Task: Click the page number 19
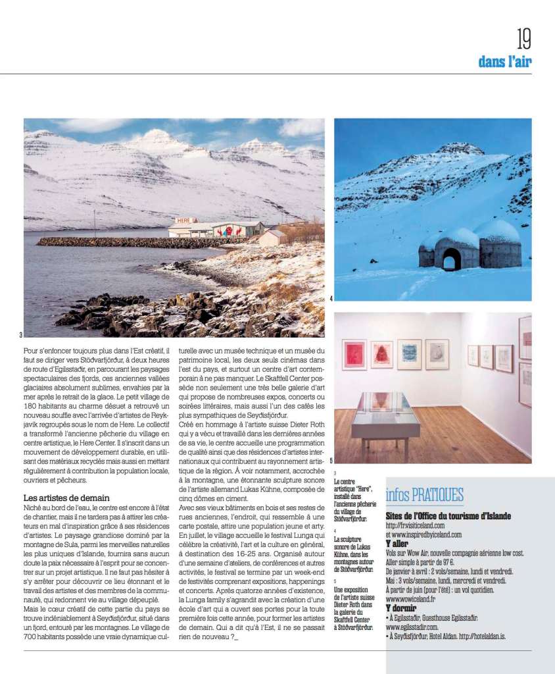(523, 39)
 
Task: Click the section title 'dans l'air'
(504, 62)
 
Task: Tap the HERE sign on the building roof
(185, 220)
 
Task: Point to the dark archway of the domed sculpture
(451, 261)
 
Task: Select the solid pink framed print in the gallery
(354, 354)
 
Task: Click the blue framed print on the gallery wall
(408, 353)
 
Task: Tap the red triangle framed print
(381, 354)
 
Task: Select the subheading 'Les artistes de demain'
(66, 498)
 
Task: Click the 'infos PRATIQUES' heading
(424, 495)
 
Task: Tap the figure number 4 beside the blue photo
(331, 299)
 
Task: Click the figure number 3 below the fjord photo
(20, 335)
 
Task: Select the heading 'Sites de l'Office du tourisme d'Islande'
(448, 516)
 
